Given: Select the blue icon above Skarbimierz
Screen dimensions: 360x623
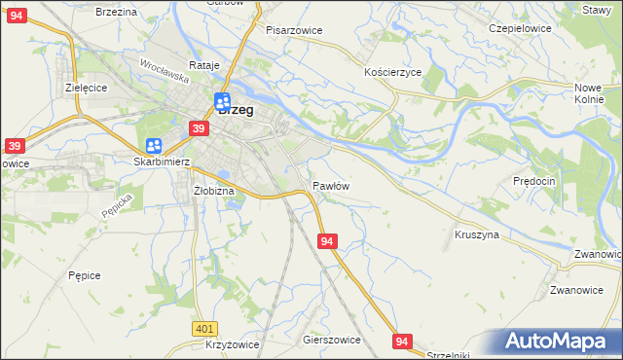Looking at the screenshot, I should [x=154, y=146].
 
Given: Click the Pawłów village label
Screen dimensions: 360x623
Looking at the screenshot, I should [x=331, y=185].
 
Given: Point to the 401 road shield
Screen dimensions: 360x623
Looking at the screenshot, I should [x=203, y=330].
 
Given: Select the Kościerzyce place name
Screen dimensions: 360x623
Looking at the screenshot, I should [x=392, y=73].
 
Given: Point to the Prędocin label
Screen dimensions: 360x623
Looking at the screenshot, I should [x=533, y=182].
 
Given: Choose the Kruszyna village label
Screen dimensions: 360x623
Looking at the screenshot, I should [x=477, y=235].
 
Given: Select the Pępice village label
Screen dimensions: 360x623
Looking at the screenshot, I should [x=85, y=275].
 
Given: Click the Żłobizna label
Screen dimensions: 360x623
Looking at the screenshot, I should [x=214, y=191].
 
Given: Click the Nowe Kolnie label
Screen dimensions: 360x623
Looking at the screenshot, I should [x=590, y=93].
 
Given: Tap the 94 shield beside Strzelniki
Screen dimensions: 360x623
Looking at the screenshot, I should [x=403, y=340].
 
